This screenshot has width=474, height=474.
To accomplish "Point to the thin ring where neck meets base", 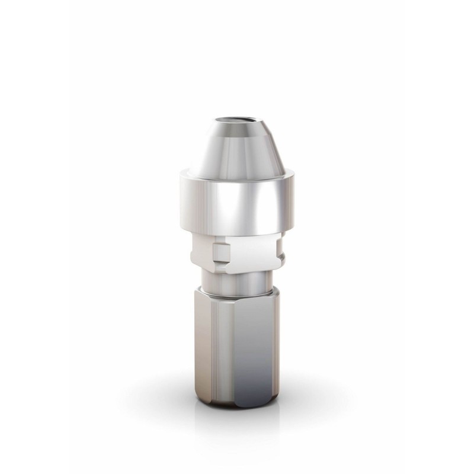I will (x=237, y=292).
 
